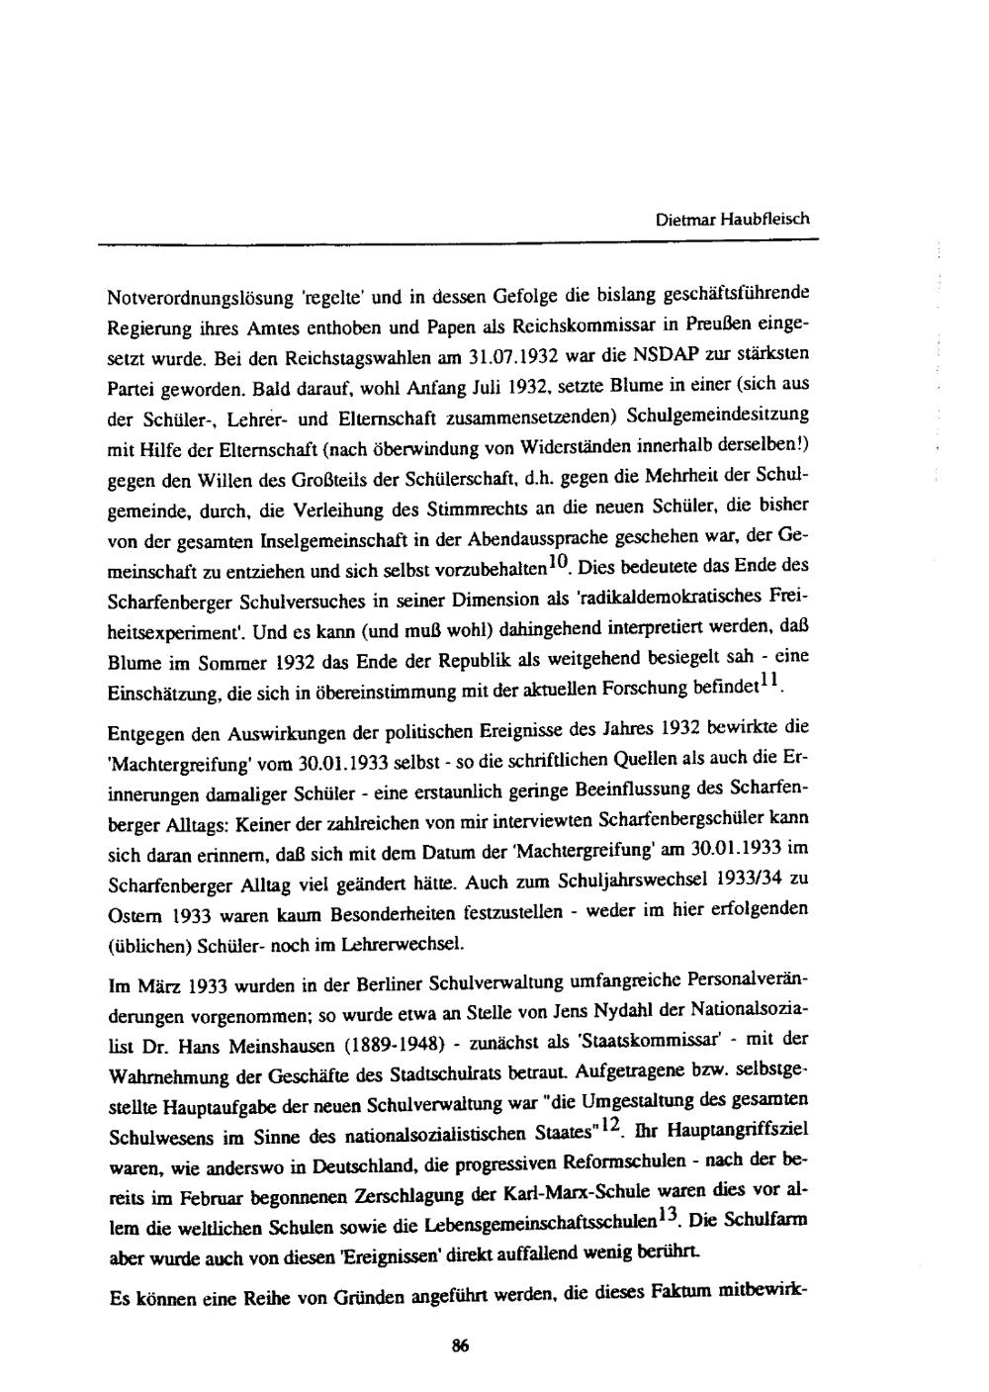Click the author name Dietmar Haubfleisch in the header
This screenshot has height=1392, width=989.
[x=733, y=220]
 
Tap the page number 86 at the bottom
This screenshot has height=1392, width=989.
[x=460, y=1344]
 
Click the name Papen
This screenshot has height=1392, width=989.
[x=504, y=325]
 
